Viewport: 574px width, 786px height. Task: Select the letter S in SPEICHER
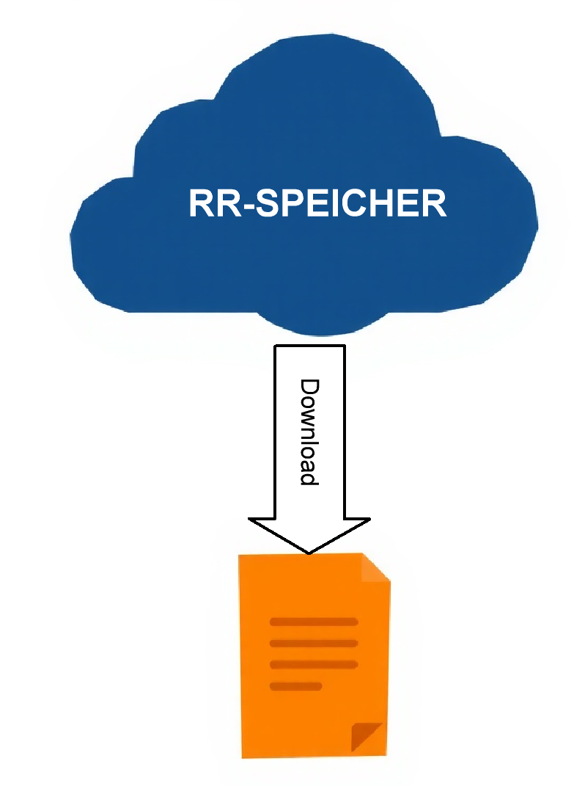coord(273,203)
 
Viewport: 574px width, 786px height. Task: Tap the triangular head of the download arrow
coord(309,532)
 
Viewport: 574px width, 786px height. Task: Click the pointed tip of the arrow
coord(309,551)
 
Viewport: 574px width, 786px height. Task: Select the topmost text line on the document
coord(314,622)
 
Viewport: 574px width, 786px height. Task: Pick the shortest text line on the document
coord(296,686)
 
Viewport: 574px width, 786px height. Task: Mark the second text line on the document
coord(314,644)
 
